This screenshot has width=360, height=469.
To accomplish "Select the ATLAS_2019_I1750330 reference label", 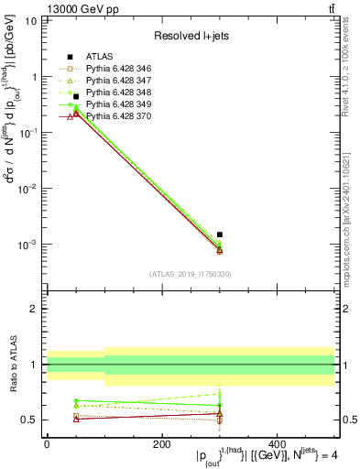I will [191, 274].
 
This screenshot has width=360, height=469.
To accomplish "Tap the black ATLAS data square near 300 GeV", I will [220, 234].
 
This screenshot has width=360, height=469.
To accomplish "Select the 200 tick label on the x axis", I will [161, 444].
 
